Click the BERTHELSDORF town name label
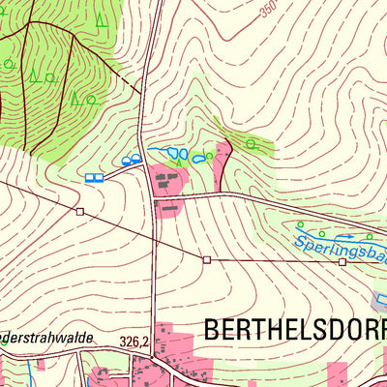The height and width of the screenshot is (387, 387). coord(295,329)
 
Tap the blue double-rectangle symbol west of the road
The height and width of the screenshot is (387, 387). coord(94,177)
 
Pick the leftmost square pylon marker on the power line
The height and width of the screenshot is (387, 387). coord(79,211)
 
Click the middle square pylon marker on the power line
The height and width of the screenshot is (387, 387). coord(206,259)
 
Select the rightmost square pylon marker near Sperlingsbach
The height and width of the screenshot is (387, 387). coord(342,261)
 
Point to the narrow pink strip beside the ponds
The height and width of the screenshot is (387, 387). coord(223,164)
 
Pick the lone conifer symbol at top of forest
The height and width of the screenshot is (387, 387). coord(101,18)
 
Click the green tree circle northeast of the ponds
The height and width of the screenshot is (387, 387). coord(250,143)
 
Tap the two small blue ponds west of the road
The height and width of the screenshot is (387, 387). coord(131,160)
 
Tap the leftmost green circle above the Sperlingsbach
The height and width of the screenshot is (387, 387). coord(300,225)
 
